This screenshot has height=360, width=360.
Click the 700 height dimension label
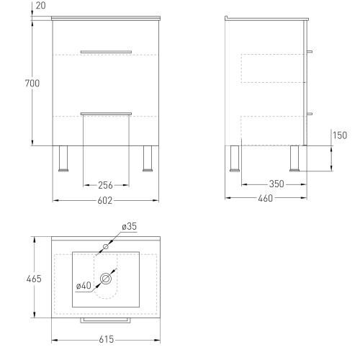coord(32,84)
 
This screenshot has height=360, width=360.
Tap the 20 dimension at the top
coord(40,6)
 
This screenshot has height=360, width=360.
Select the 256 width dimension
coord(105,185)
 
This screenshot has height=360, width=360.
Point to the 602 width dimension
coord(105,200)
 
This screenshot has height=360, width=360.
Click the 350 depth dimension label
coord(276,184)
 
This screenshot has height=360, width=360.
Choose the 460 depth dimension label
coord(266,198)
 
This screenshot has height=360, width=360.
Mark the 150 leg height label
coord(340,135)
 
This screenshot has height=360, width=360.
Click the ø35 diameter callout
coord(129,226)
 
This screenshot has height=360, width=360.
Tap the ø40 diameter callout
coord(84,286)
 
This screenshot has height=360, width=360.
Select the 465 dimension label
coord(34,279)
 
